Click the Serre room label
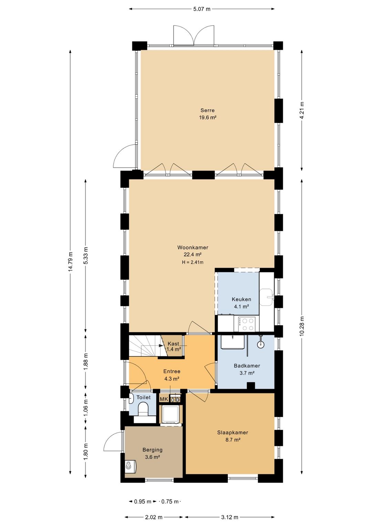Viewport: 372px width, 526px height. [x=207, y=110]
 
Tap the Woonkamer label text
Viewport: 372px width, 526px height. [x=193, y=247]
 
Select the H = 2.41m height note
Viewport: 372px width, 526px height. [x=193, y=262]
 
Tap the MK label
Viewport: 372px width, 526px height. [x=164, y=399]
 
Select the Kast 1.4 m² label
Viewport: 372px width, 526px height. [x=173, y=346]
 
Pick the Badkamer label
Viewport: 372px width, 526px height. [x=247, y=366]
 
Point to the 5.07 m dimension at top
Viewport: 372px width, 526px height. [x=201, y=9]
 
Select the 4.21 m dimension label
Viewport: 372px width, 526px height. [x=302, y=110]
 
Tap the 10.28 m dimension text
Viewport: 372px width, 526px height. [x=302, y=326]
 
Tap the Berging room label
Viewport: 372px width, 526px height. [x=153, y=450]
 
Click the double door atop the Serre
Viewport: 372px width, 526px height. [x=194, y=35]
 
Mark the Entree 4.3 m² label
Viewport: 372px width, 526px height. [x=172, y=375]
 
